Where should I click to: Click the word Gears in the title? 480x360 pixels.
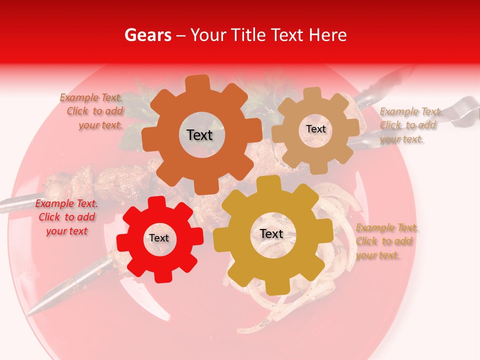pyautogui.click(x=146, y=35)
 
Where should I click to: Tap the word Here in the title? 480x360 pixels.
pyautogui.click(x=328, y=35)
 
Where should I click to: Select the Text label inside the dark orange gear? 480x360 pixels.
pyautogui.click(x=199, y=135)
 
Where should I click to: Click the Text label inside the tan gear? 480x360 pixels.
pyautogui.click(x=315, y=129)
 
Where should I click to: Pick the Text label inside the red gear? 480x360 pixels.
pyautogui.click(x=159, y=238)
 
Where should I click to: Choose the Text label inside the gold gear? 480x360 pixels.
pyautogui.click(x=271, y=234)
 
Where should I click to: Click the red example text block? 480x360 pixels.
pyautogui.click(x=66, y=217)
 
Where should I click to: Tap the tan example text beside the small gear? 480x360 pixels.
pyautogui.click(x=410, y=125)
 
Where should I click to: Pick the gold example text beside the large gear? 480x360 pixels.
pyautogui.click(x=386, y=241)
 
